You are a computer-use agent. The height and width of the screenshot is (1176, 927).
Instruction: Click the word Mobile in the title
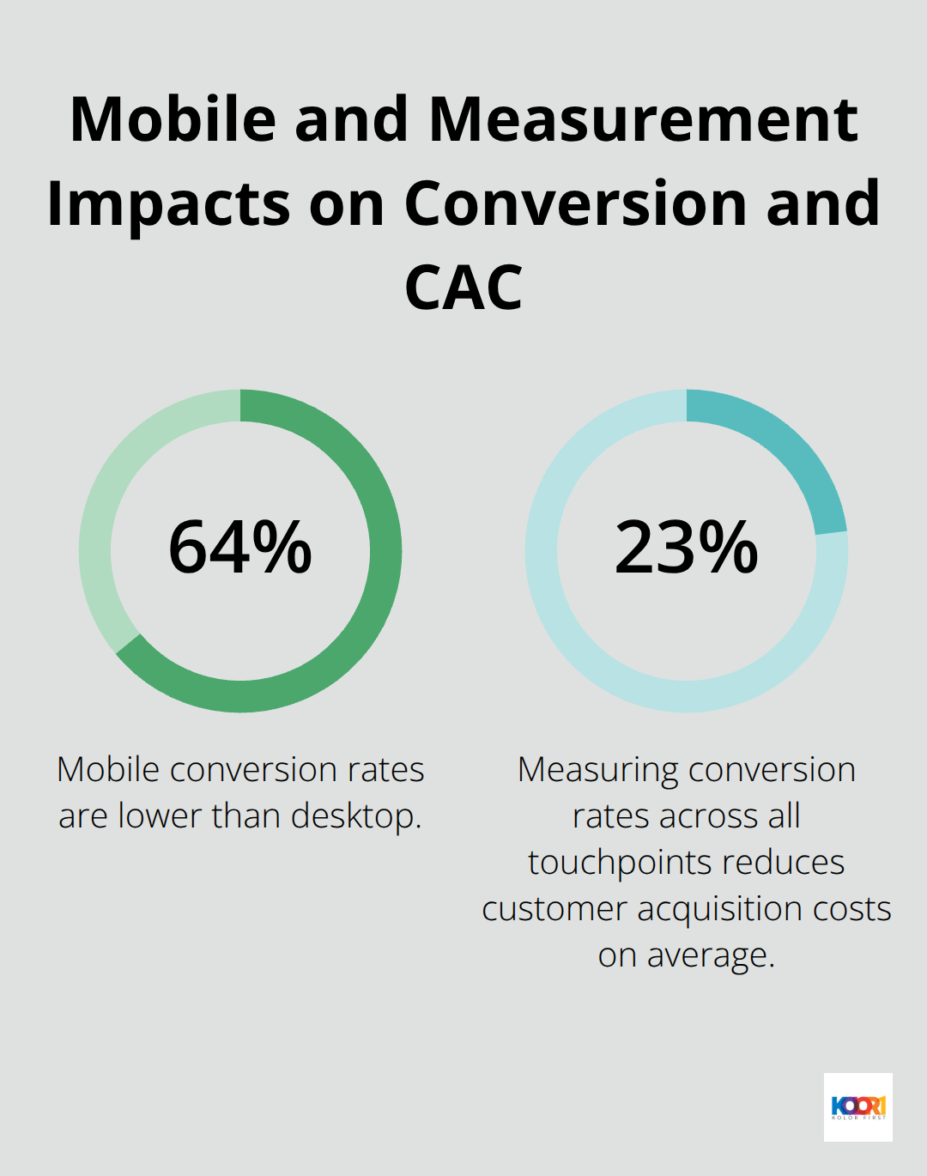[173, 119]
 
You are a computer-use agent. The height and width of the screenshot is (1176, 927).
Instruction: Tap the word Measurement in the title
[643, 119]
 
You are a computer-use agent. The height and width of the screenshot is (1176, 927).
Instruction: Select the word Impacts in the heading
[168, 204]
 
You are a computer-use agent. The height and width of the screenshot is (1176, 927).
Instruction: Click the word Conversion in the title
[576, 204]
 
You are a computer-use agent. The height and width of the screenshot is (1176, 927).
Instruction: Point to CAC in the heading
[463, 288]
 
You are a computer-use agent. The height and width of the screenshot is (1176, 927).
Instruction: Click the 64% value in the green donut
[240, 548]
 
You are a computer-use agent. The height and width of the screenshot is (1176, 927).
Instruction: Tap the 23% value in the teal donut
[687, 548]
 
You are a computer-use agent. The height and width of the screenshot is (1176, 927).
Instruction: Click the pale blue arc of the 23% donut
[601, 670]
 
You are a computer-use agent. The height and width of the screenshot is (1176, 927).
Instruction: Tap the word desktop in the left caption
[355, 817]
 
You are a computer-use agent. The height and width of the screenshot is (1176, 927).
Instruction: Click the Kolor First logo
[857, 1106]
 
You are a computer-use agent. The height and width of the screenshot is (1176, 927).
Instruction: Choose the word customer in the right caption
[554, 910]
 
